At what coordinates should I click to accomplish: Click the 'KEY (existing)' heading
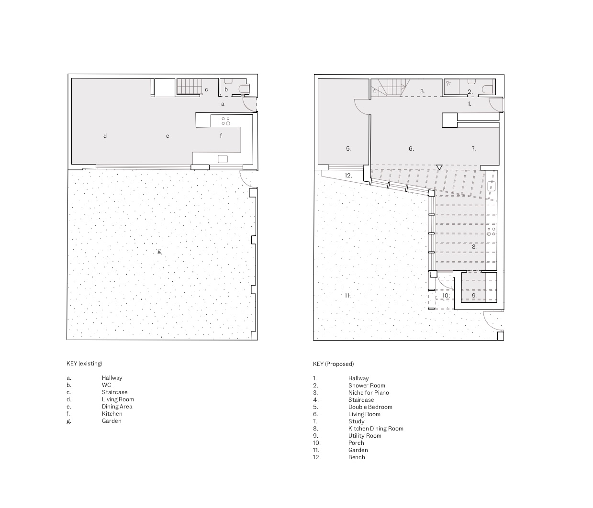[84, 364]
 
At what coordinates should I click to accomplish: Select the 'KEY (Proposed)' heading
[334, 364]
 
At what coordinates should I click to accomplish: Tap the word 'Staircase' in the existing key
[114, 392]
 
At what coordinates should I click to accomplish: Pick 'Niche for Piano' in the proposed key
[369, 393]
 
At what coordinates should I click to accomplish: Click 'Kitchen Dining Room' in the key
[376, 429]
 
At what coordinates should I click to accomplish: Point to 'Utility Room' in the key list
[365, 436]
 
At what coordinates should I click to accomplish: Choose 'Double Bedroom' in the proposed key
[370, 407]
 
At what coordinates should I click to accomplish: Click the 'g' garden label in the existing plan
[159, 252]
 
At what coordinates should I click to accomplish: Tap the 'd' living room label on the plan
[105, 136]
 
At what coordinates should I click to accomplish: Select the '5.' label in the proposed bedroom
[348, 149]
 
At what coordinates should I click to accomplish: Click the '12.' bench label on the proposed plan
[348, 176]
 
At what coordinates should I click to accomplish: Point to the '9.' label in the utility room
[474, 295]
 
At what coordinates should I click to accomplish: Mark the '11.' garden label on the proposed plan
[347, 296]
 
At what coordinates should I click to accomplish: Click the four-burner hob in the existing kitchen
[226, 121]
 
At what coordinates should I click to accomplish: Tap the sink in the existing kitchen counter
[223, 159]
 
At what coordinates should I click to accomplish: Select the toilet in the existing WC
[245, 89]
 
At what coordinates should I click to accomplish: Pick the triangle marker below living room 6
[439, 167]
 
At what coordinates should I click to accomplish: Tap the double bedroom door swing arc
[358, 109]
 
